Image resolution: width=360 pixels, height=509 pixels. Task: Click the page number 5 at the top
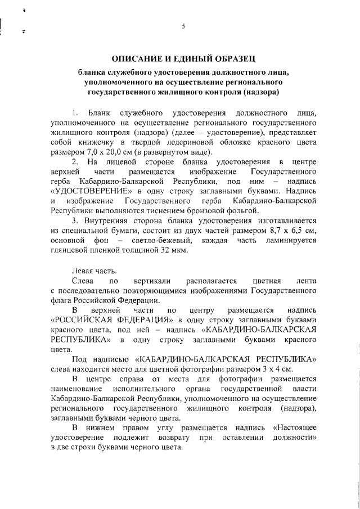tap(183, 26)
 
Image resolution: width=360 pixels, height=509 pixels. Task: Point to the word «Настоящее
tap(295, 429)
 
